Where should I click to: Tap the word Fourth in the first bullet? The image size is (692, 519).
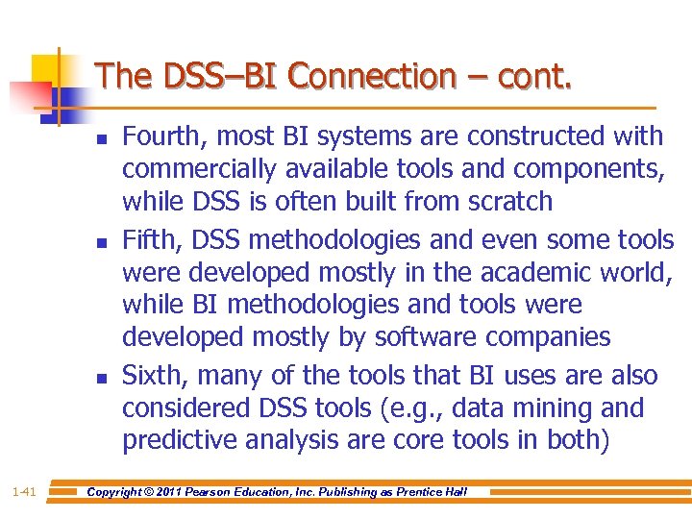pyautogui.click(x=156, y=136)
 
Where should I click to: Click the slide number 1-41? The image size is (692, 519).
pyautogui.click(x=23, y=492)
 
